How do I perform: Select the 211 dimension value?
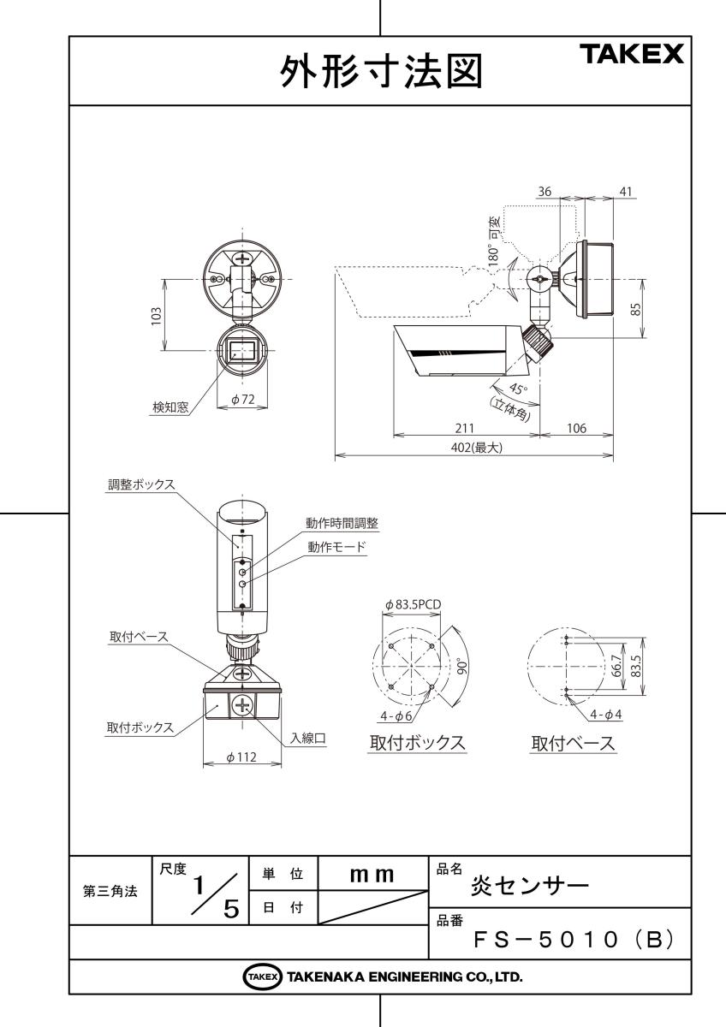point(465,428)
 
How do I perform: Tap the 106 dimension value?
point(576,428)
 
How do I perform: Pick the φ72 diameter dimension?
point(245,401)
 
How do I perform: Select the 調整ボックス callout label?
point(134,484)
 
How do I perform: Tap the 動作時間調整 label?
point(342,523)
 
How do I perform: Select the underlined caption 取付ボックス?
point(417,743)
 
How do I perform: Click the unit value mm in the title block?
point(372,875)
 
